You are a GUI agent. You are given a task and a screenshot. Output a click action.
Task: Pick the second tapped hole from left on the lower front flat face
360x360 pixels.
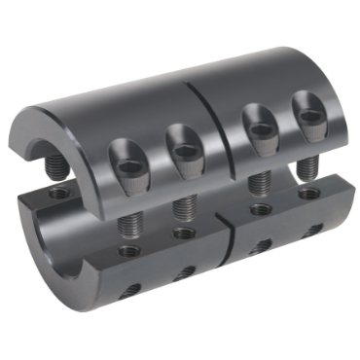[x=181, y=234]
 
